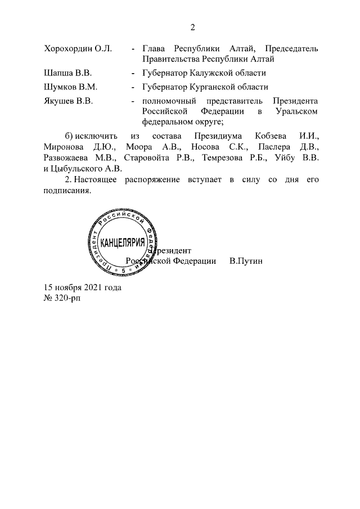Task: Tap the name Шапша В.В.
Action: (x=67, y=73)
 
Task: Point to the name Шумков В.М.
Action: (x=71, y=87)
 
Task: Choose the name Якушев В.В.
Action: (x=68, y=101)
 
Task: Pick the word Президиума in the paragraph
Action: (x=215, y=136)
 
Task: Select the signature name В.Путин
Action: (x=246, y=261)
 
